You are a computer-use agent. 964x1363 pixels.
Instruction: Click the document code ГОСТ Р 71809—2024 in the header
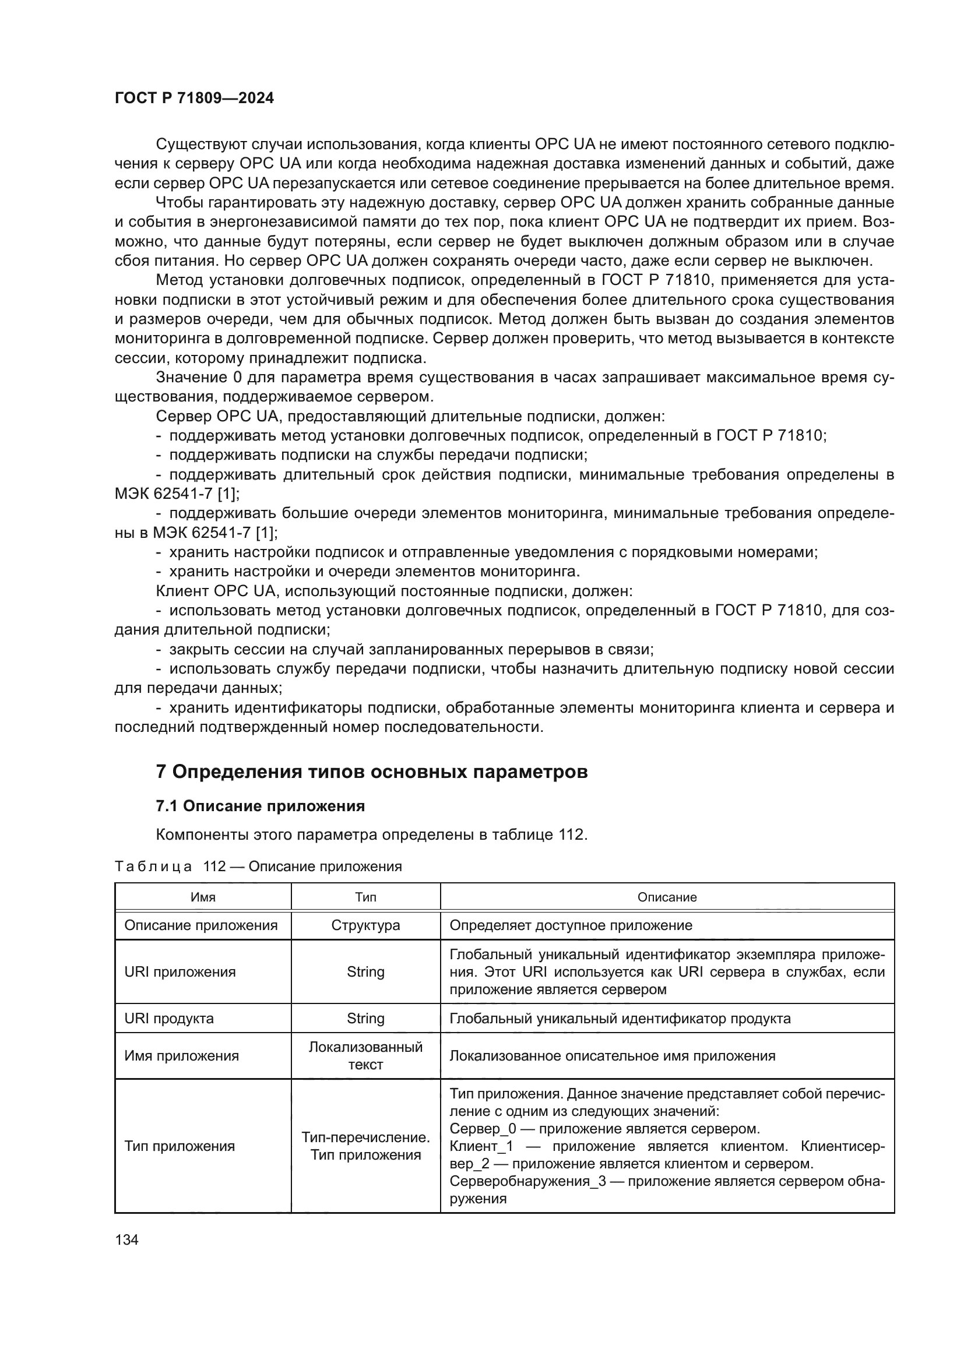(x=194, y=98)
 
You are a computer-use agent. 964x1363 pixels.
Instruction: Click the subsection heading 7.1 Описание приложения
(x=260, y=806)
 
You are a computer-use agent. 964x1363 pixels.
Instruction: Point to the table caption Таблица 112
(x=258, y=866)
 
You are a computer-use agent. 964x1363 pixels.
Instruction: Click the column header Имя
(x=203, y=897)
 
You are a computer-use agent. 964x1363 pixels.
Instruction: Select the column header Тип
(x=365, y=897)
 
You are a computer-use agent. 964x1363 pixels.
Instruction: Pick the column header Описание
(x=667, y=897)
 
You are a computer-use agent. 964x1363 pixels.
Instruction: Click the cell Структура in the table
(x=365, y=925)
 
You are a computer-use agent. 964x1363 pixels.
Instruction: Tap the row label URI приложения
(x=180, y=972)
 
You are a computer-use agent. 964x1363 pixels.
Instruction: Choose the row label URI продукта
(x=169, y=1019)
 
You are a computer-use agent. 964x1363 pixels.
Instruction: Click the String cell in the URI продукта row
(x=365, y=1019)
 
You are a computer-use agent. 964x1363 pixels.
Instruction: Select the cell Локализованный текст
(x=365, y=1055)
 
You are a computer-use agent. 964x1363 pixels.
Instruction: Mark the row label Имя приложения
(x=182, y=1056)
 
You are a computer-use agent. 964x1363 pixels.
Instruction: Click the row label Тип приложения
(x=180, y=1146)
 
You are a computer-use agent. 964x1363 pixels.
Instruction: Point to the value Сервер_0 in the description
(x=483, y=1129)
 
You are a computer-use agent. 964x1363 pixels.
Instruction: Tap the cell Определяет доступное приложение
(x=571, y=925)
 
